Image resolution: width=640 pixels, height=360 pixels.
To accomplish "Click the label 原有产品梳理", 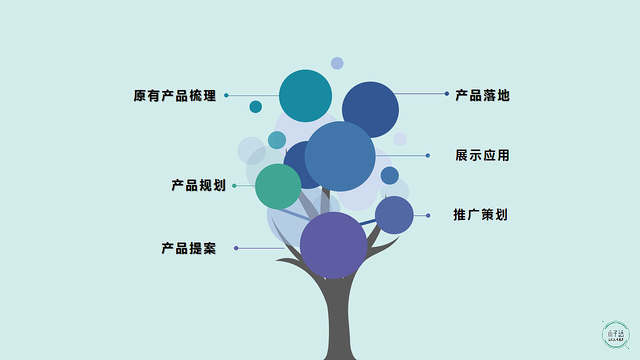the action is (174, 95).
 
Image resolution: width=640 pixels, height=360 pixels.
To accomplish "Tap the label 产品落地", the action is (482, 95).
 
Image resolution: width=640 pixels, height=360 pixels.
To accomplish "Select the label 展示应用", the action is (482, 155).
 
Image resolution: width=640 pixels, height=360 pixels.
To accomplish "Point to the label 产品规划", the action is (198, 185).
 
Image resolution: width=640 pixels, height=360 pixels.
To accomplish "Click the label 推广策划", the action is (480, 215).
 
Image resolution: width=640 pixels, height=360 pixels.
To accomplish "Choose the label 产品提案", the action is (188, 248).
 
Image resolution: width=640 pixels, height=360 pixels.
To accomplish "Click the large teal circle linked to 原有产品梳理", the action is (305, 95).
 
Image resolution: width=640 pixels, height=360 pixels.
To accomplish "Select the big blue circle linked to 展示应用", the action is (340, 156).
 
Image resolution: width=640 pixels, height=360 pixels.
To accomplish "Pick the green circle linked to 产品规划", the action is (278, 186).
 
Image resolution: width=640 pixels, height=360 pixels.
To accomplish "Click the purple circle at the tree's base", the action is (333, 245).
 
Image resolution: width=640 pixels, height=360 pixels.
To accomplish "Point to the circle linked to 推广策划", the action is (394, 215).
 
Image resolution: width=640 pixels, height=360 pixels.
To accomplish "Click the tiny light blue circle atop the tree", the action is (337, 63).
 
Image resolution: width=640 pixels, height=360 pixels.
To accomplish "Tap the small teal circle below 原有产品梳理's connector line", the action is (255, 106).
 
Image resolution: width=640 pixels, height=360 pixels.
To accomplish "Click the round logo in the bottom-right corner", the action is (615, 334).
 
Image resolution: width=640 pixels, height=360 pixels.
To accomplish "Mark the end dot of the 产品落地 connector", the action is (446, 93).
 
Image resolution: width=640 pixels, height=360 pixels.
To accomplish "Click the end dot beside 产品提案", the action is (236, 248).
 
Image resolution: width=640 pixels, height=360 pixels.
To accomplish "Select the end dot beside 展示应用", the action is (427, 155).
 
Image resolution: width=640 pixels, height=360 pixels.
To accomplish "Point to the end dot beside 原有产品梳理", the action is (226, 95).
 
